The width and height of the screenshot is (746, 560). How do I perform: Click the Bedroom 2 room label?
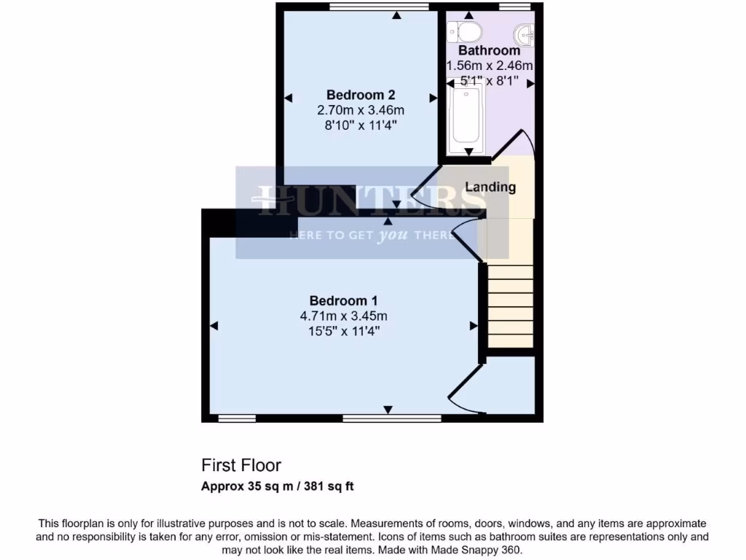click(361, 95)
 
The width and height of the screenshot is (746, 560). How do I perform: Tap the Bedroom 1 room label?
click(343, 300)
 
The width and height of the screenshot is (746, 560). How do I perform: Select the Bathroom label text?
click(489, 51)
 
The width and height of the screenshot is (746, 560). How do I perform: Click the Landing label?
click(490, 187)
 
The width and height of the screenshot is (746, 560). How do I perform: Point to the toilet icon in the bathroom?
click(466, 31)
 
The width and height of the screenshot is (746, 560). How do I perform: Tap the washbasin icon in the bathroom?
click(525, 32)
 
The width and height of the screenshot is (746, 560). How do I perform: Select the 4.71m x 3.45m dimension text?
click(343, 316)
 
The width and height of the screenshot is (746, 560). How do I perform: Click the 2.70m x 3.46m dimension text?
click(361, 110)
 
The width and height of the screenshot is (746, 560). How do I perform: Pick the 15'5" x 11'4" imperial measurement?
click(343, 331)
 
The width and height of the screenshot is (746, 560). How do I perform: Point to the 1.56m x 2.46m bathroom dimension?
click(489, 66)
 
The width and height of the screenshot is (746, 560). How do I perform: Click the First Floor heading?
click(241, 465)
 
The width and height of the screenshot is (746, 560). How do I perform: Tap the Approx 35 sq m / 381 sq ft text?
click(278, 486)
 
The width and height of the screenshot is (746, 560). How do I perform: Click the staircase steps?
click(510, 306)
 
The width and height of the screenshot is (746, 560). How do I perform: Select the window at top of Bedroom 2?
click(378, 7)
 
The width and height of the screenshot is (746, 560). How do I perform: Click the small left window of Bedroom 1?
click(237, 419)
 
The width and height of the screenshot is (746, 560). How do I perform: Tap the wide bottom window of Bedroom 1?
click(392, 419)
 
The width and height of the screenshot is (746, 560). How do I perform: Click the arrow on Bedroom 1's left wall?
click(214, 326)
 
